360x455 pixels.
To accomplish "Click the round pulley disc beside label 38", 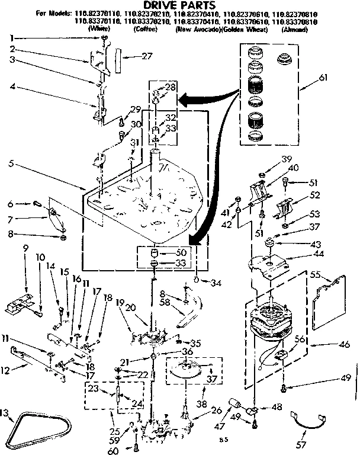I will (x=193, y=373).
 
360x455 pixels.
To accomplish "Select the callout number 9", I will (x=25, y=249).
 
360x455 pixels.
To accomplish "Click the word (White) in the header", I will (x=98, y=28).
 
